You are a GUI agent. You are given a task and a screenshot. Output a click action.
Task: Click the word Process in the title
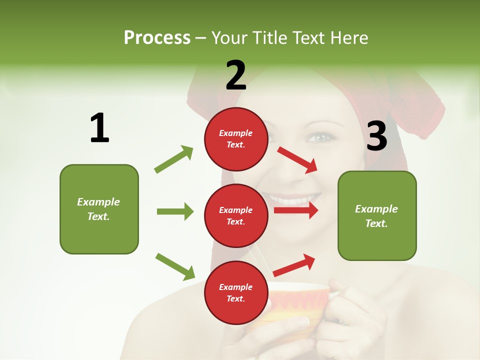(x=157, y=37)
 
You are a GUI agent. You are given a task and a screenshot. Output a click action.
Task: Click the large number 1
(x=99, y=128)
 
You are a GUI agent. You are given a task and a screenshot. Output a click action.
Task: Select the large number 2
(x=236, y=75)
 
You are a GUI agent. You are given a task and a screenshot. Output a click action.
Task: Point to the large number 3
(x=376, y=136)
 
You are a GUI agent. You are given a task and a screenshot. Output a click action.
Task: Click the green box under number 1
(x=99, y=209)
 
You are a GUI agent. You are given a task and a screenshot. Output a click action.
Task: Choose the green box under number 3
(x=377, y=215)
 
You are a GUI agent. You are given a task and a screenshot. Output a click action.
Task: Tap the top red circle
(x=236, y=139)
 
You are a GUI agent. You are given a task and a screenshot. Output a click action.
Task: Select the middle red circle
(x=236, y=215)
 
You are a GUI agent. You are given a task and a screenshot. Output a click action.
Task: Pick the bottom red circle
(x=236, y=292)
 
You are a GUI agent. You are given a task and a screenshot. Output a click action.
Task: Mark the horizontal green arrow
(x=175, y=211)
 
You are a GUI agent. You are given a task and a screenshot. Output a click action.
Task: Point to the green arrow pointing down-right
(x=175, y=266)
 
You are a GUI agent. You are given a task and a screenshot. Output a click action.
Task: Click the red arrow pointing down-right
(x=297, y=159)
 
